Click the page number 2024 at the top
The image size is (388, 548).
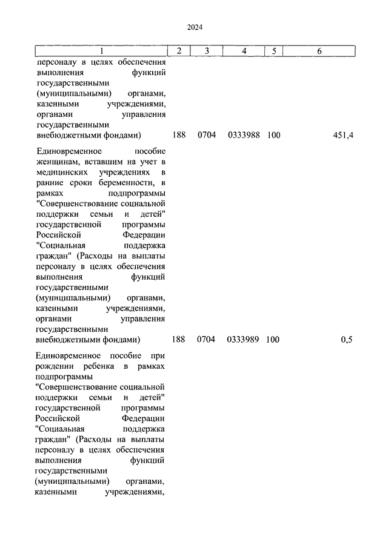click(x=194, y=27)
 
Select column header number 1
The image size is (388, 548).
click(x=101, y=51)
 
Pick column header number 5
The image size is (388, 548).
click(x=274, y=51)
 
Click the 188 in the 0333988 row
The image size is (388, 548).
click(x=178, y=135)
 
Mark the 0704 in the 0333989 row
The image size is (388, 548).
click(x=206, y=340)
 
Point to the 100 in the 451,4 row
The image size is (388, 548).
click(x=273, y=135)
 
